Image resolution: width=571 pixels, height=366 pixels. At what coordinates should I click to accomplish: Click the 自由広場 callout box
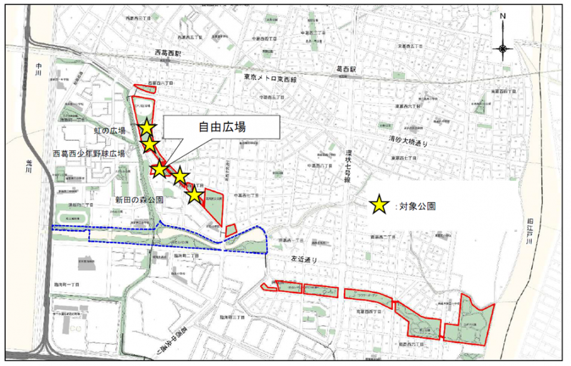tap(221, 127)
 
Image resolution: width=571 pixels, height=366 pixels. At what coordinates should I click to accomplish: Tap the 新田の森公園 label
tap(139, 200)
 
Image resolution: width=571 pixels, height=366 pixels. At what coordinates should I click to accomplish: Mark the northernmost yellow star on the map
tap(147, 128)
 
